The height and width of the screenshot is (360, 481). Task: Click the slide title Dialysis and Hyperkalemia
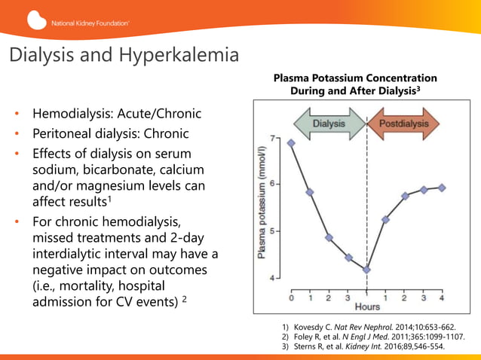(x=124, y=56)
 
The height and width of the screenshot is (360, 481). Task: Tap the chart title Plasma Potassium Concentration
(x=354, y=78)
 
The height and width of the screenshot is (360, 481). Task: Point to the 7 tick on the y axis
(x=274, y=139)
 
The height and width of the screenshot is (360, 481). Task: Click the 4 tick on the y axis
(x=274, y=278)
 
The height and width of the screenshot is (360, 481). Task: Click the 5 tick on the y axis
(x=274, y=231)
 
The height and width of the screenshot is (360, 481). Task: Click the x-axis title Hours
(x=367, y=307)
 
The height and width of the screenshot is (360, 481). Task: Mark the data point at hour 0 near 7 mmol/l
(x=292, y=142)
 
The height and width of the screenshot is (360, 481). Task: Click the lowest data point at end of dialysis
(x=367, y=270)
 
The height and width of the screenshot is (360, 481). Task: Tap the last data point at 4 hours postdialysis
(x=442, y=188)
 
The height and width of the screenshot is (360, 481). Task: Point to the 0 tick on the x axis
(x=292, y=297)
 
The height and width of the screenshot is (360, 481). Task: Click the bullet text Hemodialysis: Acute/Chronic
(x=116, y=115)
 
